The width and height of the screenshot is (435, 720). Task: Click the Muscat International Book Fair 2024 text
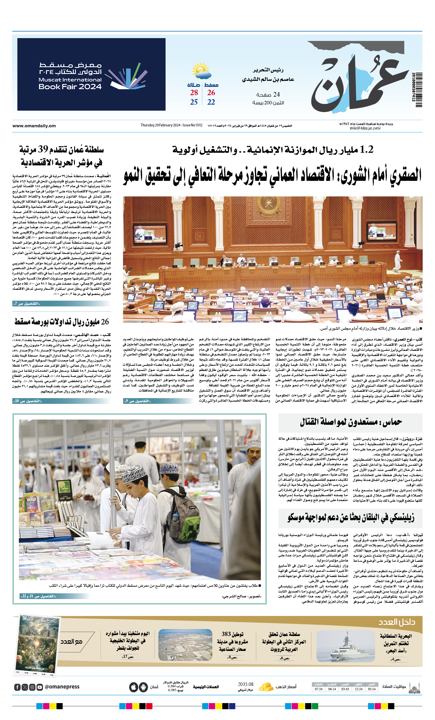[x=70, y=83]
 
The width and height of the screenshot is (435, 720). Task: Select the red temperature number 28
[x=194, y=93]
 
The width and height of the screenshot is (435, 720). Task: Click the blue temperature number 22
[x=211, y=102]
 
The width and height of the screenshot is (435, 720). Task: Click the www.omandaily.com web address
[x=34, y=126]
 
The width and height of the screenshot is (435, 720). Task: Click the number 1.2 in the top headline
[x=366, y=150]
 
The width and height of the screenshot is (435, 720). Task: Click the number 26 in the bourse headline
[x=105, y=322]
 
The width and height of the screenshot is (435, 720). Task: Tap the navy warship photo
[x=345, y=646]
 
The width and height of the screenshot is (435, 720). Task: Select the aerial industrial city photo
[x=185, y=645]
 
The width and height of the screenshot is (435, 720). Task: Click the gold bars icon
[x=266, y=687]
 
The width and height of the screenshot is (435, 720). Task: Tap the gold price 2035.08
[x=245, y=684]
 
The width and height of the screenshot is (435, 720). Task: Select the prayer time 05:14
[x=372, y=689]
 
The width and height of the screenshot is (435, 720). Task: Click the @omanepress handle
[x=62, y=687]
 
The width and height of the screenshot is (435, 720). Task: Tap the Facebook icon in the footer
[x=17, y=687]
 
